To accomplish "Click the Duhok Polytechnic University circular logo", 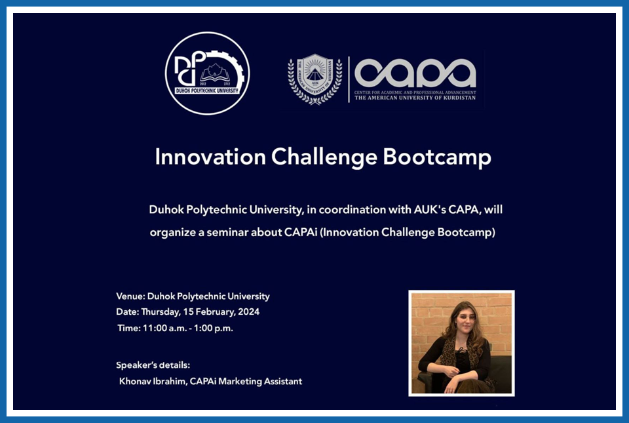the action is [207, 73].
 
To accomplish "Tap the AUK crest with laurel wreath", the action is [315, 79].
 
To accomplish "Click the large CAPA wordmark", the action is [415, 73].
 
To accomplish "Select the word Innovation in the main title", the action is [210, 157].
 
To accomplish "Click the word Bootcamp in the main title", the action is [437, 157].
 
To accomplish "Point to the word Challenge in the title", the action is [324, 157].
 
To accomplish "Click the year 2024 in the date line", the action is [249, 312].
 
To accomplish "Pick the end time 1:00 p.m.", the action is [214, 329].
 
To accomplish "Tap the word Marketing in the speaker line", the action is [239, 382].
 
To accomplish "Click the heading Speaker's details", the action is [153, 365].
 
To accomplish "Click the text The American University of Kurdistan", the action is [415, 98].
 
